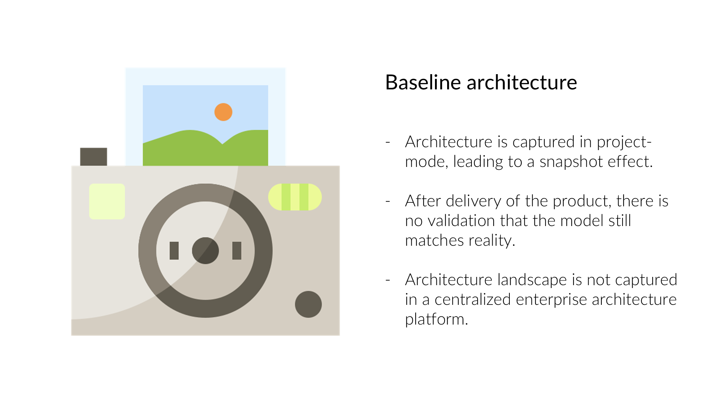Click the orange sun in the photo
pos(223,112)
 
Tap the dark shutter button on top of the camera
pos(93,157)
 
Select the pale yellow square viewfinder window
pos(107,201)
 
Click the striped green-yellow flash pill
pos(295,197)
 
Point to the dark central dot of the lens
pos(205,251)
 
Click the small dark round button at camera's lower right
pos(308,304)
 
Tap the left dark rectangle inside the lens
pos(174,250)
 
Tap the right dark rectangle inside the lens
pos(237,250)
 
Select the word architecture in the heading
pos(522,83)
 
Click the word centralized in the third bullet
pos(473,299)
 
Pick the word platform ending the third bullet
pos(436,320)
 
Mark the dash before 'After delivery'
pos(388,201)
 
